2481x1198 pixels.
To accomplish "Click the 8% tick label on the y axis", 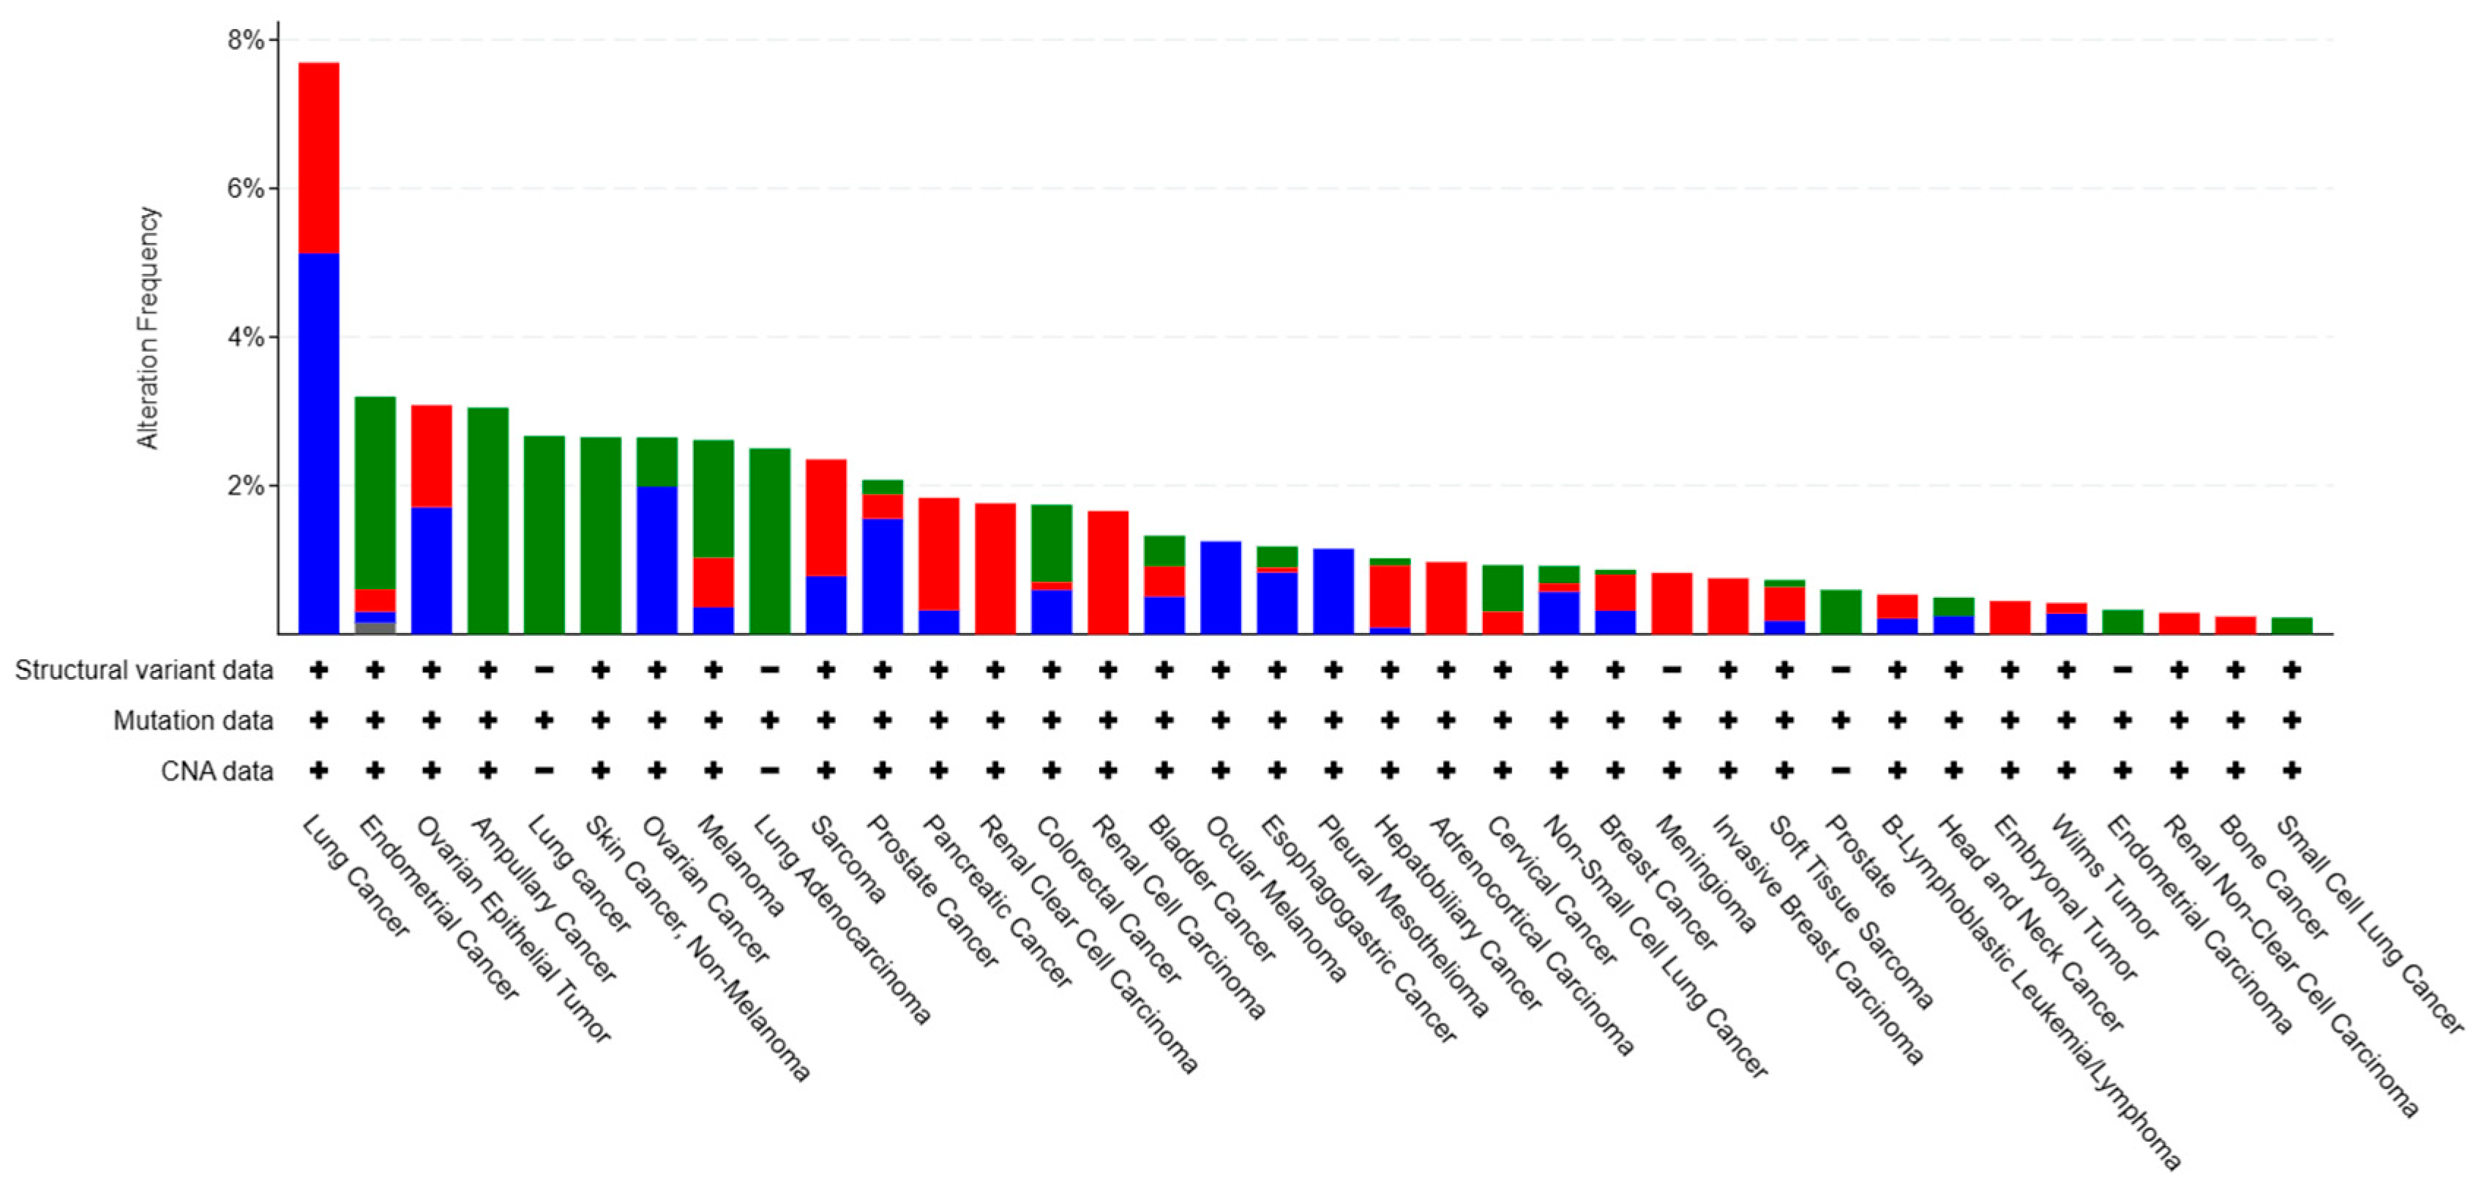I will pyautogui.click(x=244, y=40).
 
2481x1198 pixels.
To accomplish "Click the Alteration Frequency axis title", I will pyautogui.click(x=147, y=327).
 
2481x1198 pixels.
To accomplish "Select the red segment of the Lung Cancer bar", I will pyautogui.click(x=319, y=158).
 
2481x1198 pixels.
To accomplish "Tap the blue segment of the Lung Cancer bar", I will pyautogui.click(x=319, y=443).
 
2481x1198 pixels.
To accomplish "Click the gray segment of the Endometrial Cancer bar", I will pyautogui.click(x=375, y=629).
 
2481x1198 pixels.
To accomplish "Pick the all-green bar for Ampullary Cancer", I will pyautogui.click(x=488, y=520).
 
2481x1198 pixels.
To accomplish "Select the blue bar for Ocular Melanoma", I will pyautogui.click(x=1220, y=588).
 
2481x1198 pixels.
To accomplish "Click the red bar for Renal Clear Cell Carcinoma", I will pyautogui.click(x=995, y=568).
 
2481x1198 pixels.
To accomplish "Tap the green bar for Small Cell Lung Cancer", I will pyautogui.click(x=2291, y=626).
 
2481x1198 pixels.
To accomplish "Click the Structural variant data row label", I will pyautogui.click(x=143, y=670).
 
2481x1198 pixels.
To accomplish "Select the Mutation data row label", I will pyautogui.click(x=192, y=720).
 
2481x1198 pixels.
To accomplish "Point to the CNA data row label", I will pyautogui.click(x=217, y=771).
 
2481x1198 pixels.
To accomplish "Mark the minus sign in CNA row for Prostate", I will pyautogui.click(x=1841, y=771).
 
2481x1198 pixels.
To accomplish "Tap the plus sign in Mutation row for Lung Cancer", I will pyautogui.click(x=319, y=720).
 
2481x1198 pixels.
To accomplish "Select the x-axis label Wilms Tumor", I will pyautogui.click(x=2104, y=876).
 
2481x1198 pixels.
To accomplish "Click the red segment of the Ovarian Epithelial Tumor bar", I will pyautogui.click(x=432, y=455).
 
